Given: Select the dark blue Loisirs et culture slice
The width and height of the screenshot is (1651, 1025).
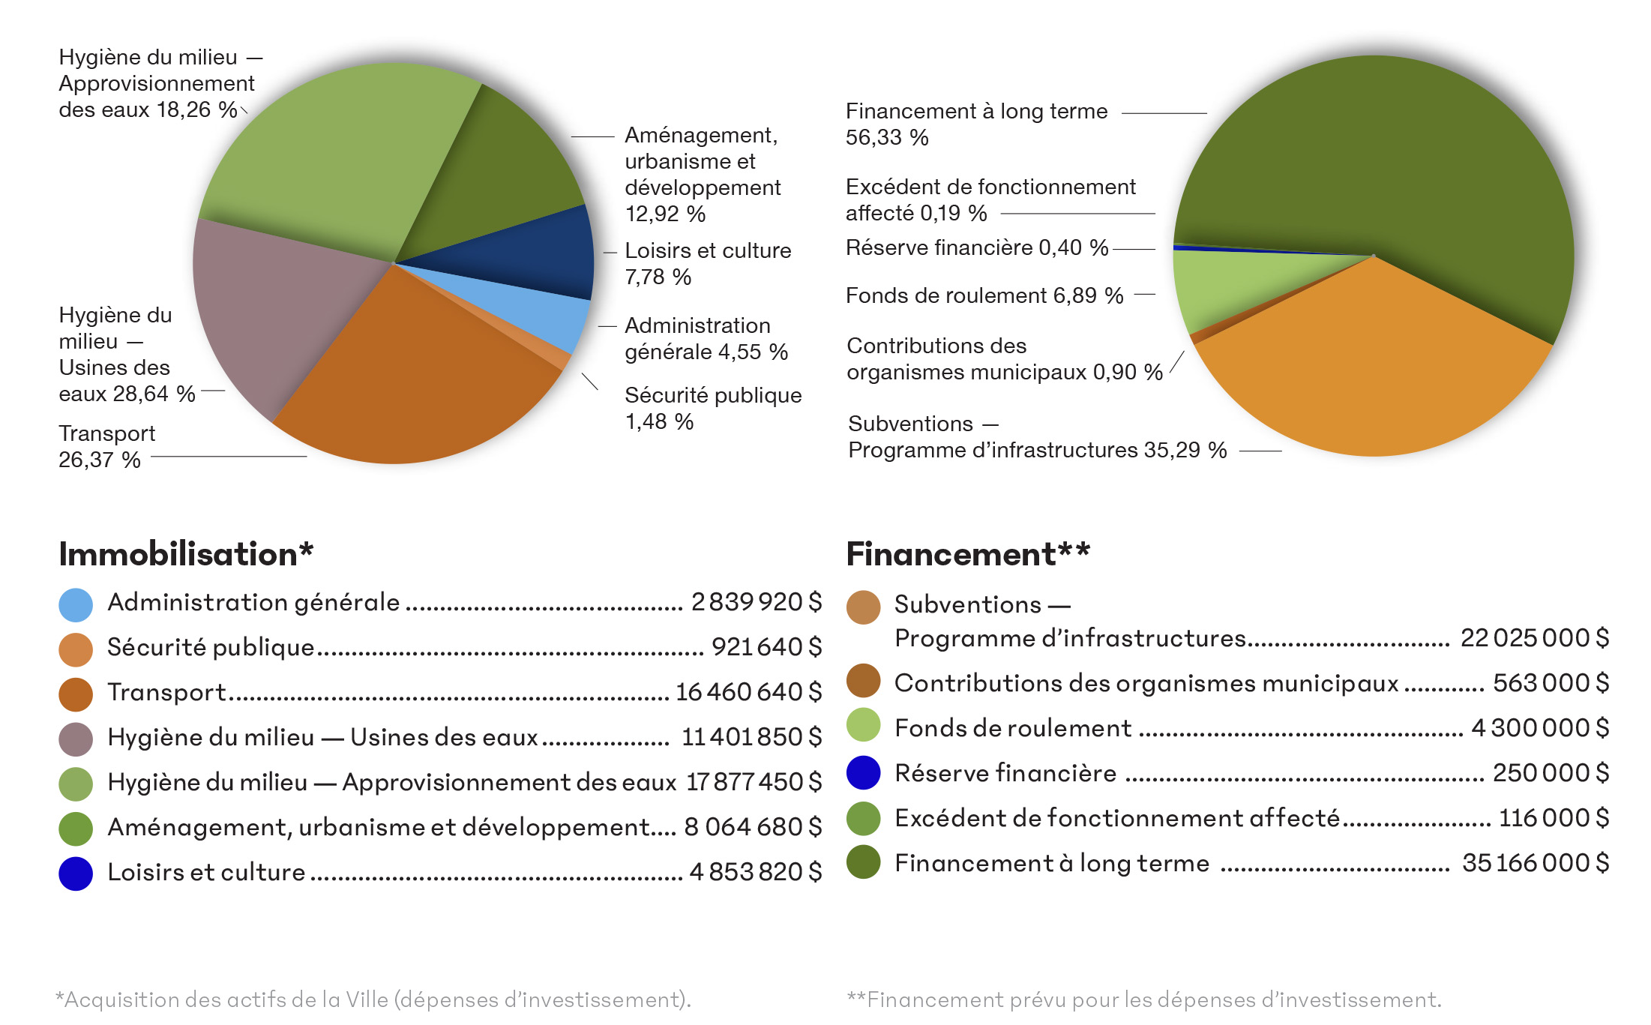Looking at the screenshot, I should [x=525, y=255].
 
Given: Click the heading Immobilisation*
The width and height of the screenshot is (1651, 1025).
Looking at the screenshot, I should [x=186, y=554].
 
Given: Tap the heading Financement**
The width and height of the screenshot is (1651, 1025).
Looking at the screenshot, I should [x=967, y=554].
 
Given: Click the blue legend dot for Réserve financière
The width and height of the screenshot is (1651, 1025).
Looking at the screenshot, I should [x=863, y=772].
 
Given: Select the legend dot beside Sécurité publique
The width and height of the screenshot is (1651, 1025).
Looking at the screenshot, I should [x=76, y=649].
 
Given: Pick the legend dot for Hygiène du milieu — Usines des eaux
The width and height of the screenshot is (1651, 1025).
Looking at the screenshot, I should [x=76, y=739].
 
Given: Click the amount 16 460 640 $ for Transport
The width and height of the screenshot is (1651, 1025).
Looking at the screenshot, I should [x=748, y=691].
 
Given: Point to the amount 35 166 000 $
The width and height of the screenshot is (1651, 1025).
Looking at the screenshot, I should [x=1535, y=862].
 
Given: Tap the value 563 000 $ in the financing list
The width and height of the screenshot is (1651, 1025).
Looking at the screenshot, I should [x=1550, y=682].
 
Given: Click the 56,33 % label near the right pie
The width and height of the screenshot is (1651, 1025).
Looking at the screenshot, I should [x=887, y=137].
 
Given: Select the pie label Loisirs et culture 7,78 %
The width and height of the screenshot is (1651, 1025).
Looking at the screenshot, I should [x=707, y=263].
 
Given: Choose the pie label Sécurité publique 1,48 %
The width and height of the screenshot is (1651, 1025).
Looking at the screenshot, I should [x=712, y=408].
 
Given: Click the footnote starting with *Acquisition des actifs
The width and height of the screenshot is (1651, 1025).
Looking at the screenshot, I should [x=373, y=1000].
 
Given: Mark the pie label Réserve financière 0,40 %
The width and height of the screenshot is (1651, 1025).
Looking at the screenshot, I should [x=976, y=247].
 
